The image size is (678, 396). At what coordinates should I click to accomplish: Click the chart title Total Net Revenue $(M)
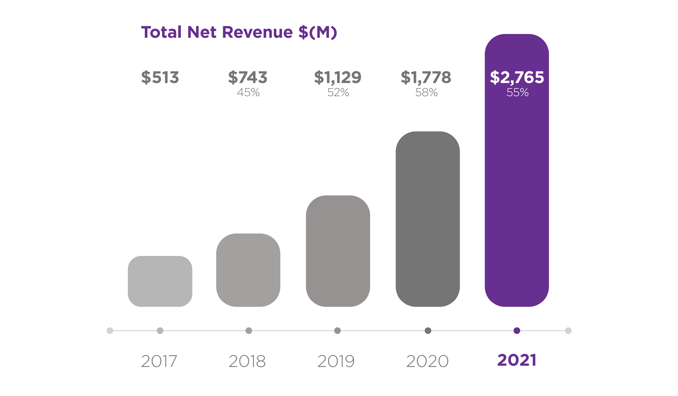coord(239,32)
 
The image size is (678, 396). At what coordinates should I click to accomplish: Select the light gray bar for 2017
coord(160,281)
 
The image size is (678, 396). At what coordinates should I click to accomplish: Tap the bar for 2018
coord(248,270)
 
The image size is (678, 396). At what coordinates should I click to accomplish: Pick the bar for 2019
coord(338,251)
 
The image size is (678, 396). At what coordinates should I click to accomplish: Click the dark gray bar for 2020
coord(428,219)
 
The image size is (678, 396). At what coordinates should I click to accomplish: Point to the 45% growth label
coord(248,92)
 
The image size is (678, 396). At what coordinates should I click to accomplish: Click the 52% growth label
coord(338,92)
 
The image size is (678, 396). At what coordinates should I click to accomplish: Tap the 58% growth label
coord(426,92)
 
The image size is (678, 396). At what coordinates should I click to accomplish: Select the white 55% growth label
coord(517,92)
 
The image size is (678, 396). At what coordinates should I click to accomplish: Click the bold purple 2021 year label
coord(517,360)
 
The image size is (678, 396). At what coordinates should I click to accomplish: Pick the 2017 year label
coord(159,361)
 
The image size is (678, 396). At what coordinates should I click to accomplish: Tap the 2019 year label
coord(336,361)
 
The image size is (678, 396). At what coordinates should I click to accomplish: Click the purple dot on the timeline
coord(517,330)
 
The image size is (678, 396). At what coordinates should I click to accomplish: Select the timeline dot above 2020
coord(428,330)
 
